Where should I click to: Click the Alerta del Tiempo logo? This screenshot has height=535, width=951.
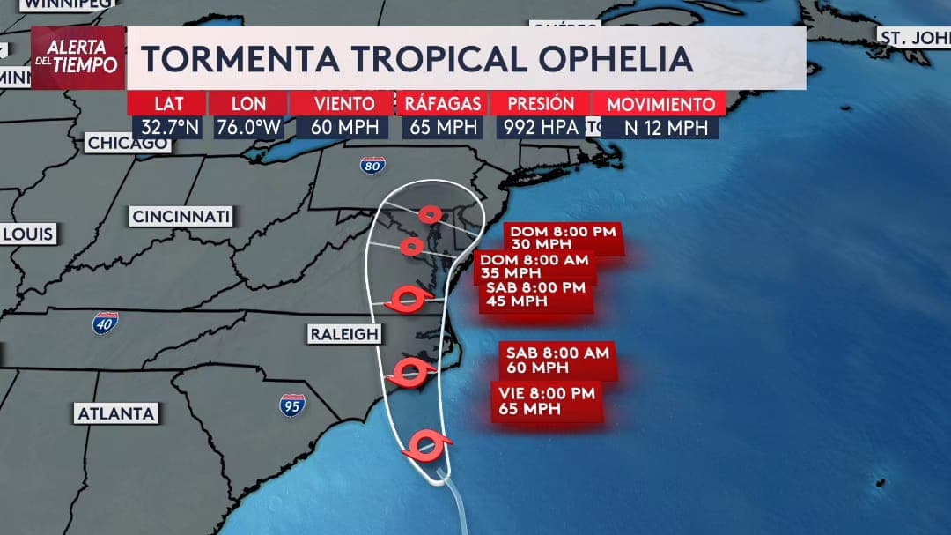tap(77, 57)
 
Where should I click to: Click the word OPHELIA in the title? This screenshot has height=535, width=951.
tap(616, 58)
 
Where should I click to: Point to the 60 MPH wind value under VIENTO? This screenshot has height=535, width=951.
tap(345, 127)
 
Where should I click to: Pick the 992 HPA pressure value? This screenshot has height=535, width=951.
tap(541, 127)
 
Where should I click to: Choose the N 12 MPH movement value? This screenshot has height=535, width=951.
tap(666, 127)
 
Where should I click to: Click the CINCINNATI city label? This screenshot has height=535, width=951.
tap(181, 217)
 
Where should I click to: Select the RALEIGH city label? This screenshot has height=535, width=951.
tap(343, 335)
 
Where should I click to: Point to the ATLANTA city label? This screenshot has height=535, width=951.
tap(116, 413)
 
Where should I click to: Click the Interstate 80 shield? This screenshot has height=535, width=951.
tap(372, 165)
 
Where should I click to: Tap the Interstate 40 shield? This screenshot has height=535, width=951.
tap(106, 323)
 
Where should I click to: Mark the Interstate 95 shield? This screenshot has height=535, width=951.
tap(292, 405)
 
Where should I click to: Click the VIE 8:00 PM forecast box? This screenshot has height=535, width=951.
tap(545, 401)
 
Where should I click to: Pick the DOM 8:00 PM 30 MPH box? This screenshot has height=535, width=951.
tap(564, 238)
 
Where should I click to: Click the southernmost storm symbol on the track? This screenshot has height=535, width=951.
tap(427, 445)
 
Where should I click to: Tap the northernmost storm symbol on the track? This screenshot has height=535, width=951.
tap(429, 213)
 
